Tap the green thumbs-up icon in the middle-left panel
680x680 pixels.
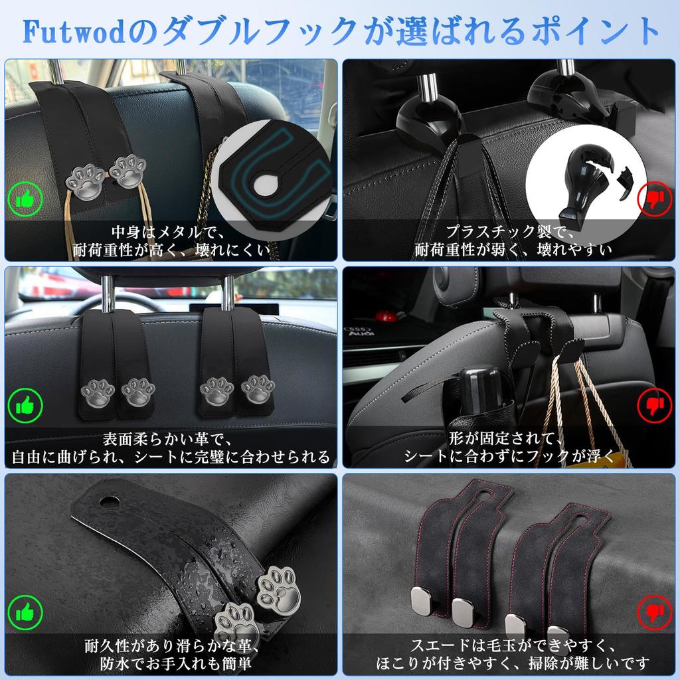(x=25, y=404)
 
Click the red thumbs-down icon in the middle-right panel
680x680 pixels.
(x=654, y=404)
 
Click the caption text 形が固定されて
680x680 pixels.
(x=510, y=438)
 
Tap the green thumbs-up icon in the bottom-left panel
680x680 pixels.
(x=25, y=612)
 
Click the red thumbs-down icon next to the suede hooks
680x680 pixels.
(x=654, y=612)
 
